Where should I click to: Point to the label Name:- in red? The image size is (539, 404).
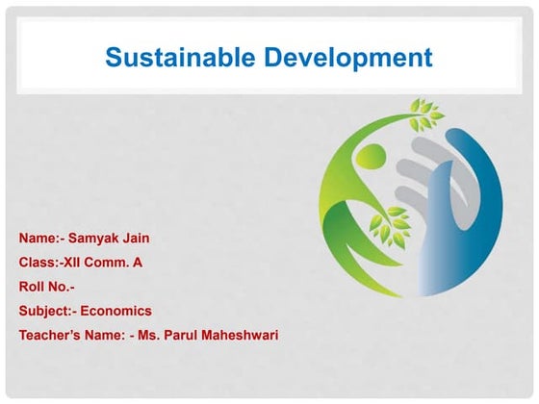coord(40,236)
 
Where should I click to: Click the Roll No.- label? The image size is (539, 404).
coord(46,286)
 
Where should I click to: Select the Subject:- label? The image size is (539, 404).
coord(47,311)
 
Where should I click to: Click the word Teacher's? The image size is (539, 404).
coord(52,336)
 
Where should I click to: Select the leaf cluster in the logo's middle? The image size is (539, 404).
coord(392,224)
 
